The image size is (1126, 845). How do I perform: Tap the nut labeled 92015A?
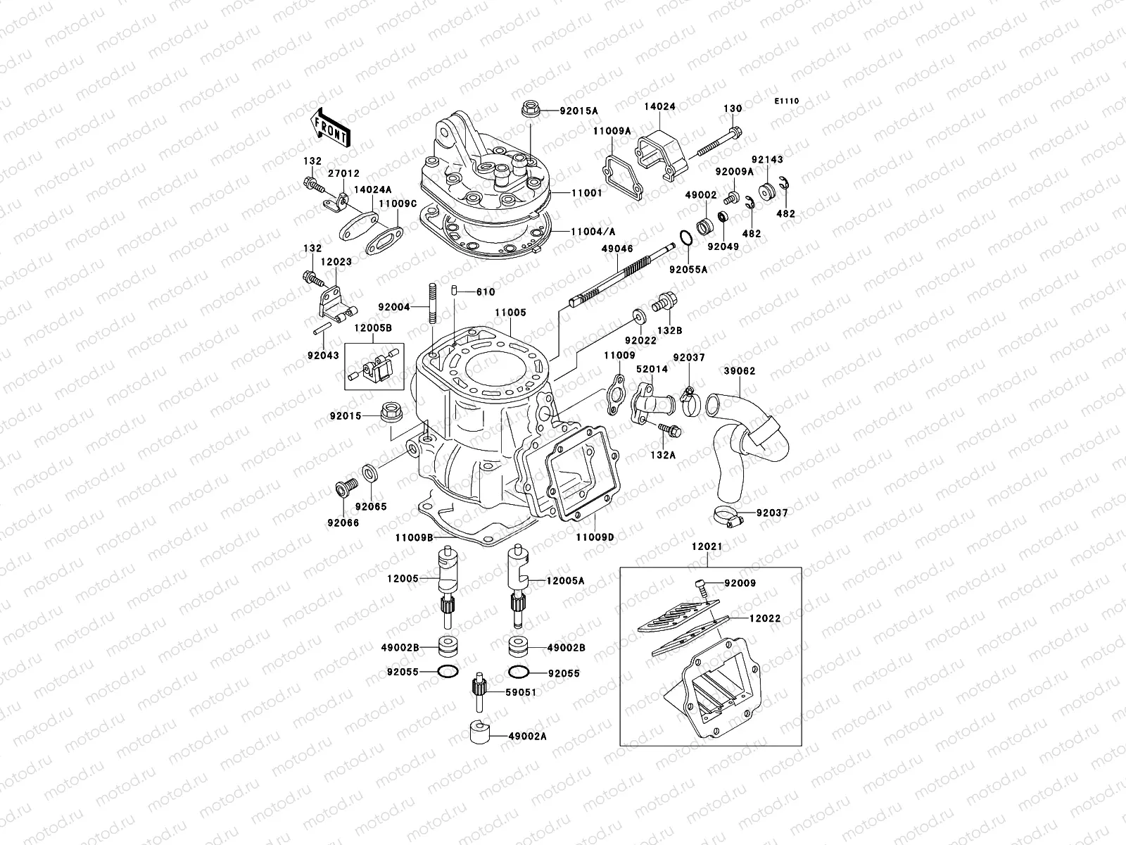530,110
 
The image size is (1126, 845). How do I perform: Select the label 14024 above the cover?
659,108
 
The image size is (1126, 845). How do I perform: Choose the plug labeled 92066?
343,487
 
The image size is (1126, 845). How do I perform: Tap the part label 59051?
521,692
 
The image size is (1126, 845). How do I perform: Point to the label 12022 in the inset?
764,618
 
